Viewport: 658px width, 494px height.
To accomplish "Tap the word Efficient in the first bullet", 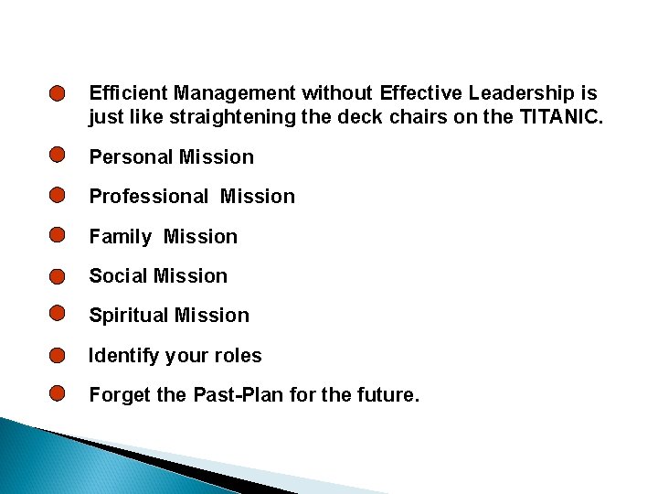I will (x=128, y=92).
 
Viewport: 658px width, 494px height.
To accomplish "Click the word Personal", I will (x=131, y=157).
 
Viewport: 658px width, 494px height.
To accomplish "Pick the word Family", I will (x=120, y=237).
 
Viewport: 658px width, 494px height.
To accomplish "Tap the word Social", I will (x=118, y=276).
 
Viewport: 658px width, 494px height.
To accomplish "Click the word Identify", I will (x=123, y=356).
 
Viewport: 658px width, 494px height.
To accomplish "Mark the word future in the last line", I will (x=389, y=395).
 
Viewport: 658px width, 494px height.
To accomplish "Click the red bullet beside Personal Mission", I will (x=58, y=155).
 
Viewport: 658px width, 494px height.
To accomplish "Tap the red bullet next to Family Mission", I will (x=58, y=234).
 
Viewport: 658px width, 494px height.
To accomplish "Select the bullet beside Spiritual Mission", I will (x=58, y=314).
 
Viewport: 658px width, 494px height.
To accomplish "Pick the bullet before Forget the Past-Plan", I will (x=58, y=393).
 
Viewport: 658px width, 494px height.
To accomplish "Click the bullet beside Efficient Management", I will (x=58, y=94).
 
